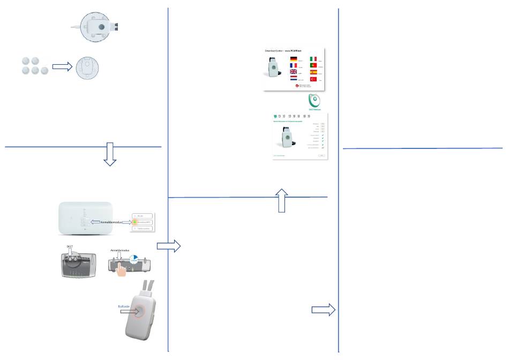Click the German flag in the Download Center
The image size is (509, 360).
tap(293, 59)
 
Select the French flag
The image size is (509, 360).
tap(293, 65)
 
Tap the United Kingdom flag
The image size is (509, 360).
tap(293, 72)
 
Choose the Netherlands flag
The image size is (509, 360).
tap(293, 79)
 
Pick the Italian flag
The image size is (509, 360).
tap(313, 59)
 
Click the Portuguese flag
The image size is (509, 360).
tap(313, 65)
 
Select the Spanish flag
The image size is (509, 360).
tap(313, 72)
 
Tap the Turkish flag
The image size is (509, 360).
tap(313, 79)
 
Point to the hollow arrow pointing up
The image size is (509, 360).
tap(282, 200)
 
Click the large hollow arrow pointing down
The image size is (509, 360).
tap(109, 154)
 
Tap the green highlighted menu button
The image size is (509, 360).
tap(142, 221)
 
